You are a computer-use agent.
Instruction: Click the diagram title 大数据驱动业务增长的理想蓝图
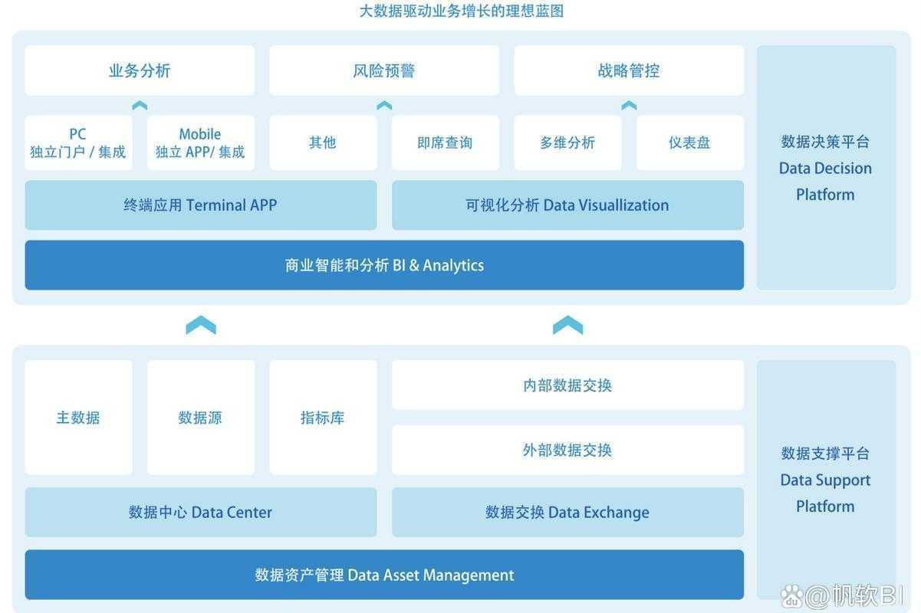[x=461, y=11]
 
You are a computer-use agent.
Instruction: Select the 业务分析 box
[x=140, y=70]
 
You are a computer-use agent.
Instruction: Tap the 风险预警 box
[x=384, y=70]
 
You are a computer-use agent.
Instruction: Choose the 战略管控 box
[x=629, y=70]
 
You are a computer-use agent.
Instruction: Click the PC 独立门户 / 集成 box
[x=78, y=143]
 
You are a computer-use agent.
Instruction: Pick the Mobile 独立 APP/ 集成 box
[x=200, y=143]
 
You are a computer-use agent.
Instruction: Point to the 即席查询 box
[x=445, y=143]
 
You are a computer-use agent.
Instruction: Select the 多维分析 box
[x=567, y=143]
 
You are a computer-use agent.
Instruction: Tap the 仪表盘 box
[x=689, y=143]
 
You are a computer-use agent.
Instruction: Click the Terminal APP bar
[x=201, y=205]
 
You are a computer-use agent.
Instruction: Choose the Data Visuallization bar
[x=567, y=205]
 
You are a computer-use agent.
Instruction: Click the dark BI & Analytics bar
[x=384, y=265]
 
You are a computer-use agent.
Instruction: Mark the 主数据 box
[x=78, y=418]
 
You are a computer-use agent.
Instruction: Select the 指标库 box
[x=323, y=418]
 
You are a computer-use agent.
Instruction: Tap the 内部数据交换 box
[x=567, y=385]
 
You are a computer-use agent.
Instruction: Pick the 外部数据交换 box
[x=567, y=450]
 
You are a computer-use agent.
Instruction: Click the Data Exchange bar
[x=567, y=513]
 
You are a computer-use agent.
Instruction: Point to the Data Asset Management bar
[x=384, y=575]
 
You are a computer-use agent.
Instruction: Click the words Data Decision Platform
[x=825, y=168]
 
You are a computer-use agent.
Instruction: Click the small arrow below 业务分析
[x=140, y=106]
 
